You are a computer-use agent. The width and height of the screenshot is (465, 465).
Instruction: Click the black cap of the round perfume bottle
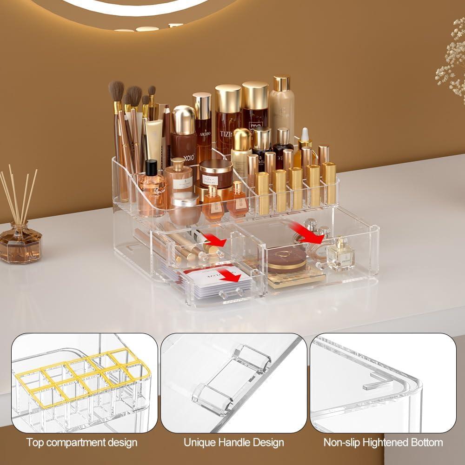152,167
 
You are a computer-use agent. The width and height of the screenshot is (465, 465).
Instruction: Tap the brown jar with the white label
216,174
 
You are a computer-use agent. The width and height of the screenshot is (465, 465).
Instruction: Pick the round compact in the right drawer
286,259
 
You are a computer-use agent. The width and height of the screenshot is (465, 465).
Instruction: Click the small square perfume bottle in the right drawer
340,255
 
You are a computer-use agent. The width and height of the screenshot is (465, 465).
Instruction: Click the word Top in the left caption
35,442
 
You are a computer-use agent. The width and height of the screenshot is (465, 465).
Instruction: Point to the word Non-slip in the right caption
339,442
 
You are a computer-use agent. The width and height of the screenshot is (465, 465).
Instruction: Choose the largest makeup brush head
116,91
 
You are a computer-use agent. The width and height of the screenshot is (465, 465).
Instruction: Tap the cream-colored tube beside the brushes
154,142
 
